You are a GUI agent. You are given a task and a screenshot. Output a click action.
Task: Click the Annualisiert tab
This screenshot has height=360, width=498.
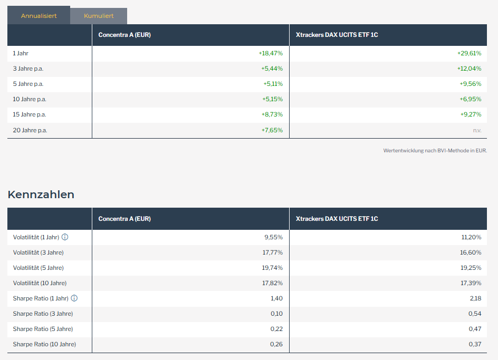[x=39, y=16]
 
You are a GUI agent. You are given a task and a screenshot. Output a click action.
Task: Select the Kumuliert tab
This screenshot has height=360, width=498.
[x=99, y=16]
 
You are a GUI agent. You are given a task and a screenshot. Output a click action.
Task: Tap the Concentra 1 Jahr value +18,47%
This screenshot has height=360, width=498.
[x=271, y=53]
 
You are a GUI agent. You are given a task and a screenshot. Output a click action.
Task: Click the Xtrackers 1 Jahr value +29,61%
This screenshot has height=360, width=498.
[x=469, y=53]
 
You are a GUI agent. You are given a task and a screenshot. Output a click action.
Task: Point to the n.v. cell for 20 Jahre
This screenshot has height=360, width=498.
[x=476, y=130]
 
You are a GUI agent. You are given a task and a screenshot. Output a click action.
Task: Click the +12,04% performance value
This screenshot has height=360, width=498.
[x=469, y=69]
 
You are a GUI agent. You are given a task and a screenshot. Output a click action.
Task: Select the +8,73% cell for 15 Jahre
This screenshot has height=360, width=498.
[x=272, y=114]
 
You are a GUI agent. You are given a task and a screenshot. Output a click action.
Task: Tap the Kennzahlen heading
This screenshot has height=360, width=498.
[x=41, y=194]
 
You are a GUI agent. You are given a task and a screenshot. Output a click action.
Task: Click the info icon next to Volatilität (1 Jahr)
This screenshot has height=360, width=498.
[x=65, y=237]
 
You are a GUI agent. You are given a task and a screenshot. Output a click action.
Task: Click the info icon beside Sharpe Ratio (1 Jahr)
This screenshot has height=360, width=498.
[x=74, y=298]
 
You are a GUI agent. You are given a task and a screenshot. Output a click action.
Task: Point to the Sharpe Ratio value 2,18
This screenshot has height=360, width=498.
[x=475, y=298]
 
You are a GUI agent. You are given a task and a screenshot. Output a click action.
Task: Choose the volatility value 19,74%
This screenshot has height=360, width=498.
[x=273, y=268]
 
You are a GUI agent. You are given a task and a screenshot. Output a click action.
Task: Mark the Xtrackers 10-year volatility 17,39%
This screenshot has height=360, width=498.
[x=471, y=283]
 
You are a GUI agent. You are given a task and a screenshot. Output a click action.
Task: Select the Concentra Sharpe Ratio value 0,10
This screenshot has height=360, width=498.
[x=276, y=314]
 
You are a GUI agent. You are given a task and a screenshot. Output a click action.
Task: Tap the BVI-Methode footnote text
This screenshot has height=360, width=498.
[x=435, y=150]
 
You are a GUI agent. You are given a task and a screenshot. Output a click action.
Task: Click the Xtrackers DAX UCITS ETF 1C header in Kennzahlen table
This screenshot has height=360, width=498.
[x=337, y=219]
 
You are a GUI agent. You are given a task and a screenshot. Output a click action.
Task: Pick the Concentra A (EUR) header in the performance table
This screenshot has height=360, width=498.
[x=125, y=35]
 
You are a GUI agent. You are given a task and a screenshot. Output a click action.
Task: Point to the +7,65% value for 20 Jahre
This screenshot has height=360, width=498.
[x=272, y=130]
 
